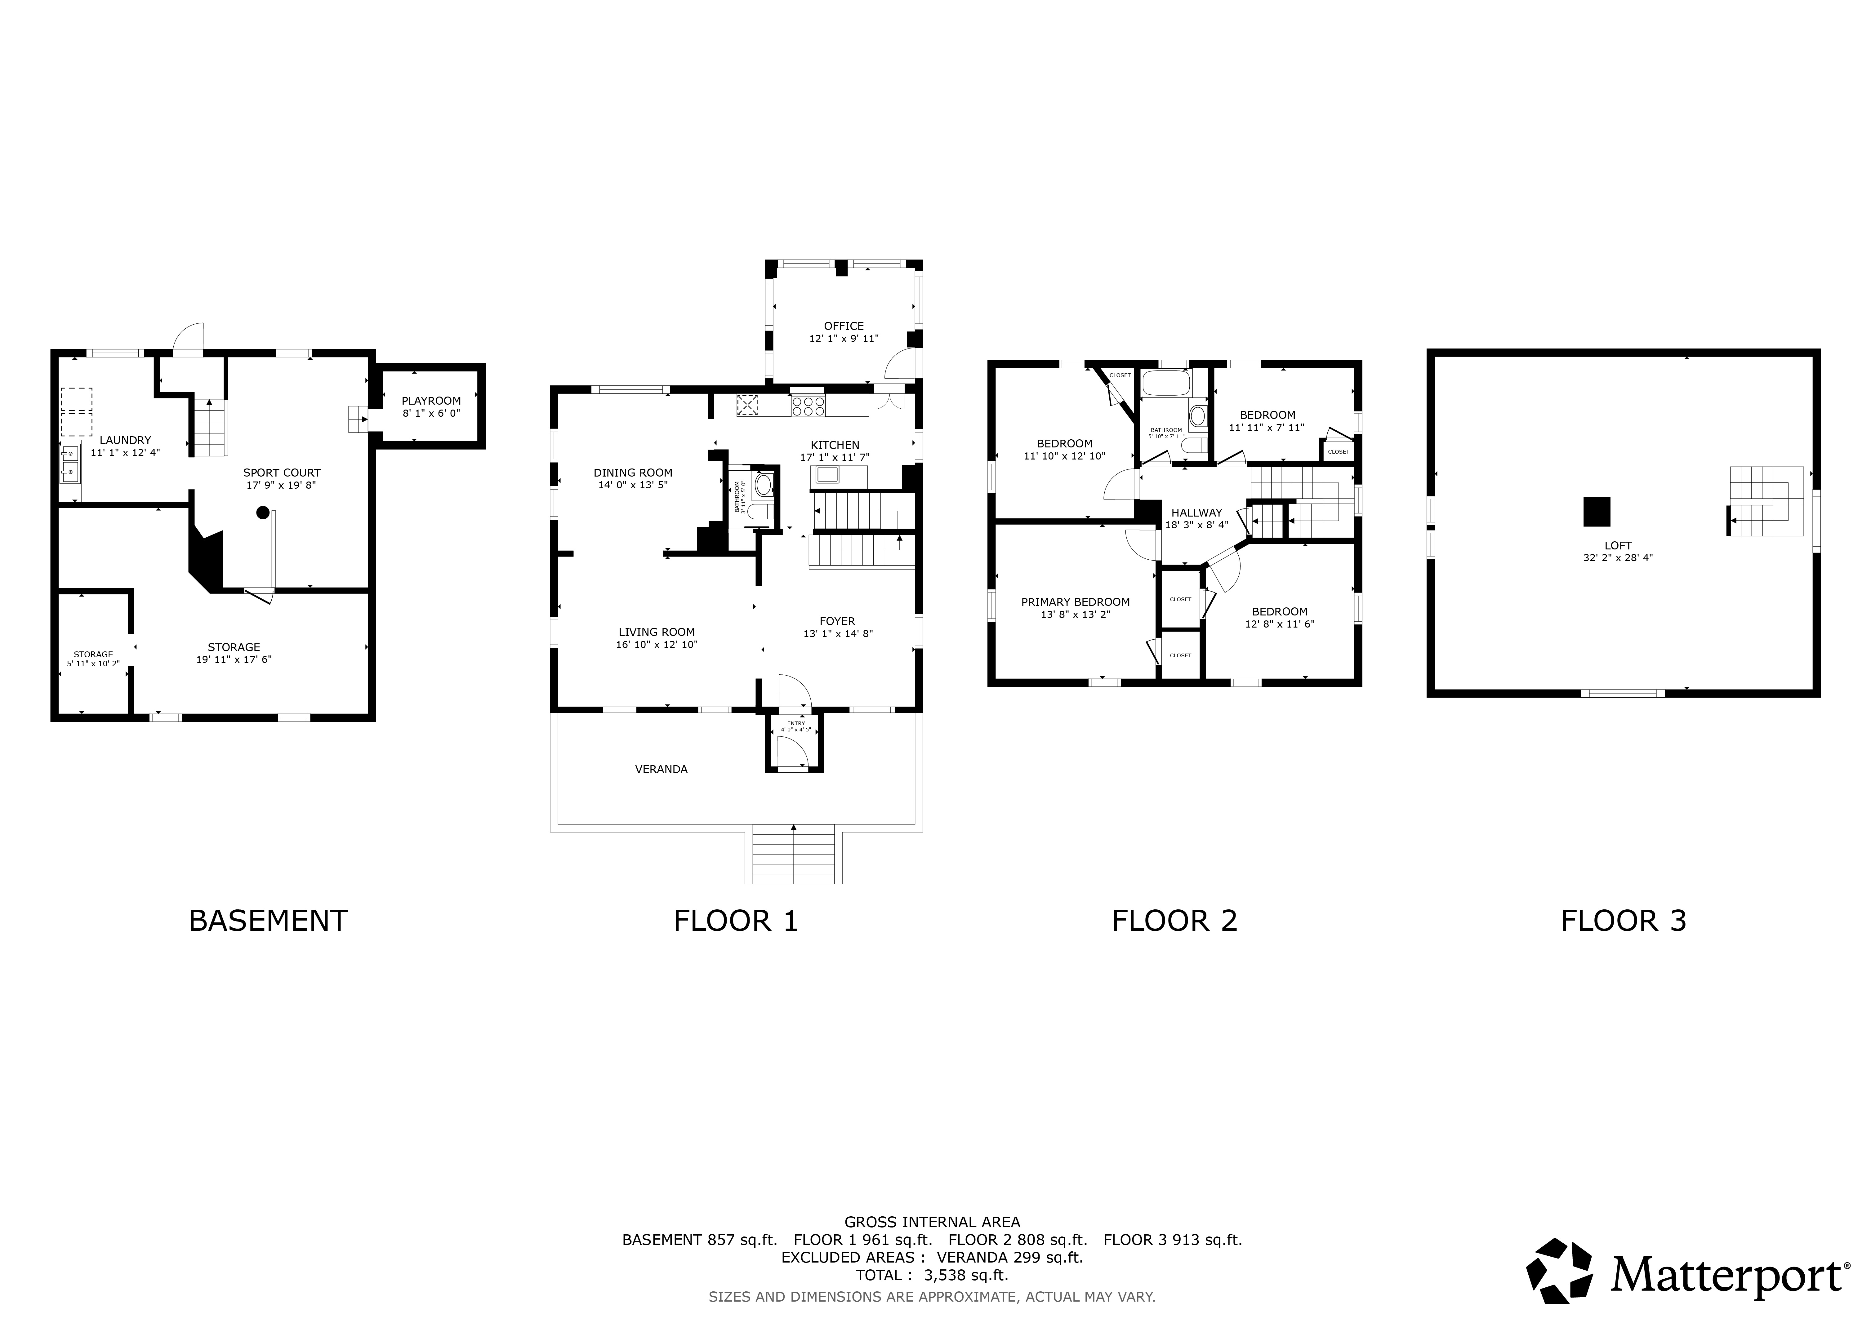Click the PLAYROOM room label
pos(431,401)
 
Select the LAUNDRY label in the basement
pos(126,440)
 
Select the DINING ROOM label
pos(633,473)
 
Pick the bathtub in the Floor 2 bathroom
pos(1166,383)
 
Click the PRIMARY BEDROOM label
pos(1076,602)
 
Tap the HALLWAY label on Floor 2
pos(1197,513)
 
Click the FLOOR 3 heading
pos(1623,921)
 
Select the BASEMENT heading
pos(268,921)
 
